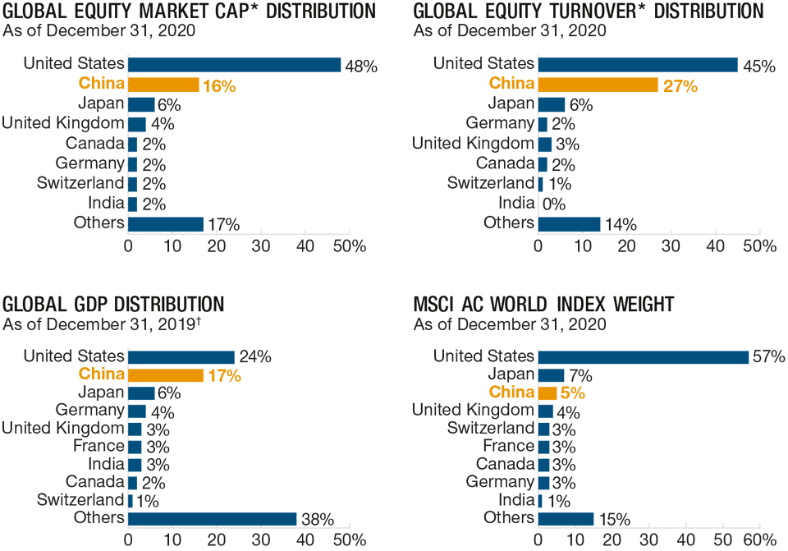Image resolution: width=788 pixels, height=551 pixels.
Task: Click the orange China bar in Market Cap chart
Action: pyautogui.click(x=163, y=84)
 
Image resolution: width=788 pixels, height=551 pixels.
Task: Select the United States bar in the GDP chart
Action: pyautogui.click(x=181, y=357)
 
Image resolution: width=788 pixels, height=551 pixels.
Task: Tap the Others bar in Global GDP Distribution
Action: pyautogui.click(x=212, y=518)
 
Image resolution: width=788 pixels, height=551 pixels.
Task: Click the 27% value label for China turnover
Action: pyautogui.click(x=680, y=85)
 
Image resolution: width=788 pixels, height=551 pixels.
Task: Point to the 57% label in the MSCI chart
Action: pyautogui.click(x=769, y=357)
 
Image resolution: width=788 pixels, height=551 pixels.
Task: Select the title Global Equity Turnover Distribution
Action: pyautogui.click(x=588, y=11)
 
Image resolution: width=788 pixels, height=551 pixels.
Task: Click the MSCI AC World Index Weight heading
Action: pyautogui.click(x=543, y=305)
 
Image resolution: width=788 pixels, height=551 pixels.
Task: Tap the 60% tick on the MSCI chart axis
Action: pyautogui.click(x=758, y=540)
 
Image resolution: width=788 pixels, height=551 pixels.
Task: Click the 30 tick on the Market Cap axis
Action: pyautogui.click(x=261, y=246)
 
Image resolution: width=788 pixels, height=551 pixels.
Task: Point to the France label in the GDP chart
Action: pyautogui.click(x=101, y=447)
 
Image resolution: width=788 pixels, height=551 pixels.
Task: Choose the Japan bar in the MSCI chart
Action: pyautogui.click(x=551, y=374)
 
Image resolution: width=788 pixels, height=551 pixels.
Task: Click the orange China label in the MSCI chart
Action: pyautogui.click(x=511, y=393)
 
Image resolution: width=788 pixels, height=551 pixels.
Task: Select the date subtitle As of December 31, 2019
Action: pyautogui.click(x=101, y=324)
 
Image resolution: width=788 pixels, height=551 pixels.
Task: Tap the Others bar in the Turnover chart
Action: pyautogui.click(x=570, y=223)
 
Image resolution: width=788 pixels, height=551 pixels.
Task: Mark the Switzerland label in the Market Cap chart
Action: pyautogui.click(x=80, y=183)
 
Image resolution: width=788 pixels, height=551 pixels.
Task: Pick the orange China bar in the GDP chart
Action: pyautogui.click(x=166, y=374)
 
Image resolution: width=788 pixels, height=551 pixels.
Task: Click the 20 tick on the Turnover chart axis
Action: pyautogui.click(x=627, y=246)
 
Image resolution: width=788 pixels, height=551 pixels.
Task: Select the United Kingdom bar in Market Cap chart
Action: pyautogui.click(x=137, y=124)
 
